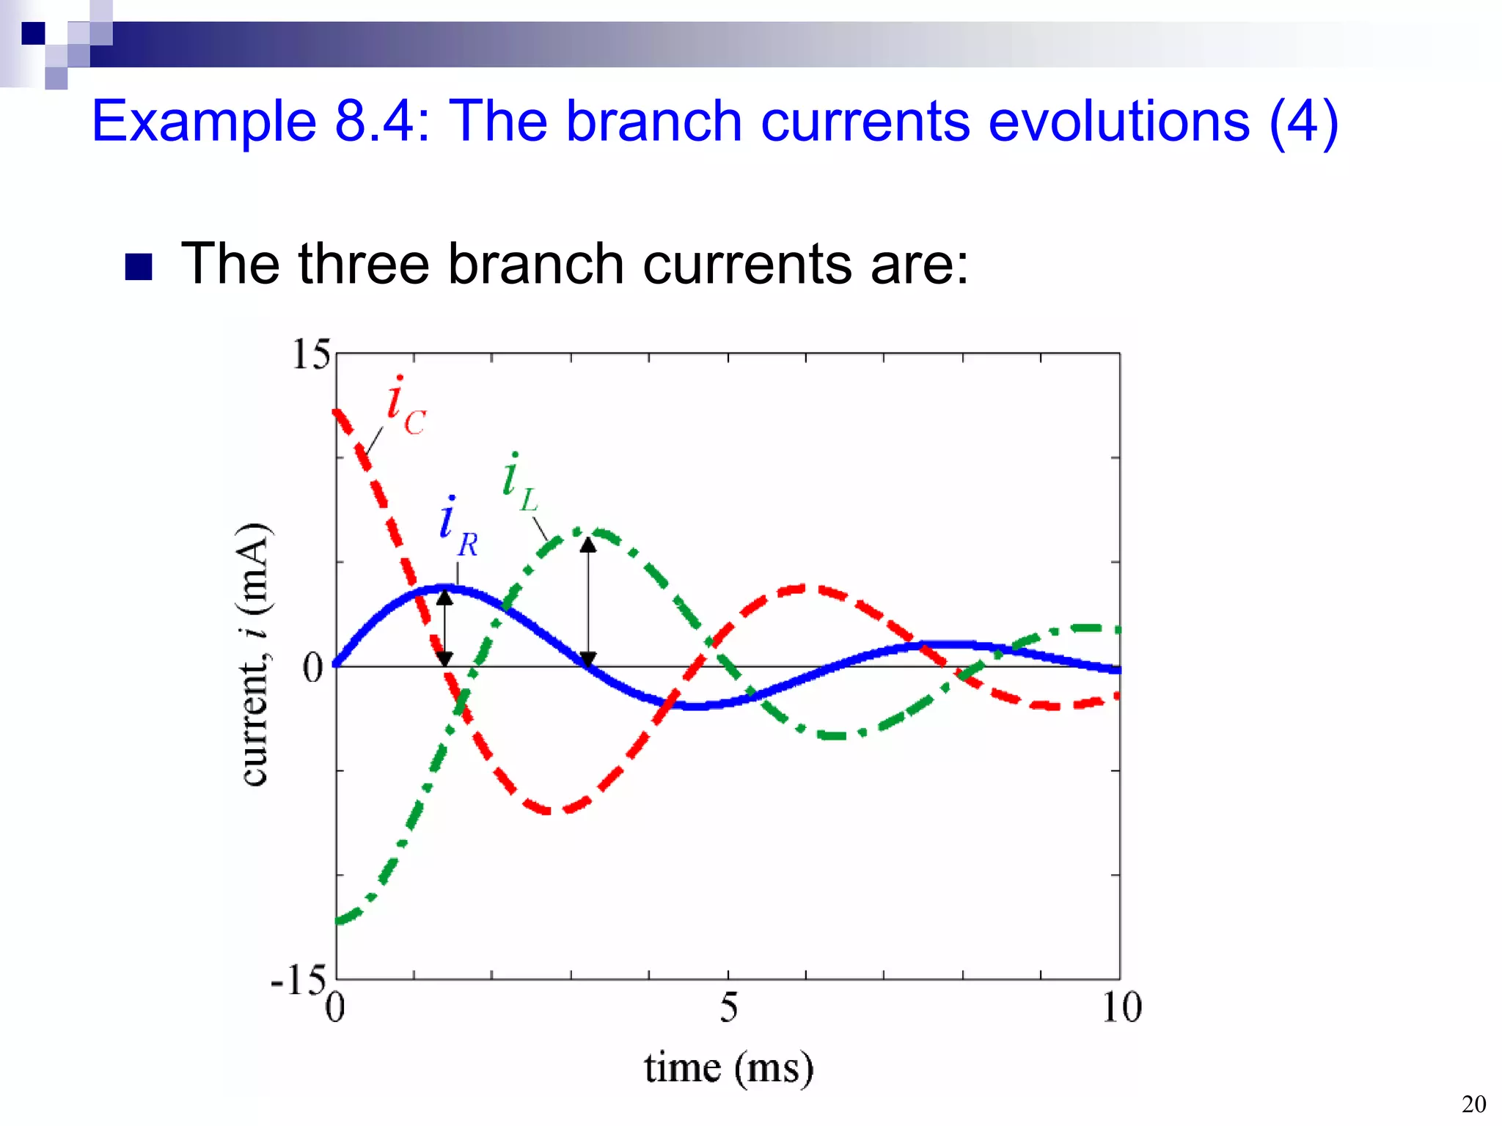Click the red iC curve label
(405, 408)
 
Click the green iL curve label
(519, 484)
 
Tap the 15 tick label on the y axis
(311, 356)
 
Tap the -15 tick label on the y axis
(298, 979)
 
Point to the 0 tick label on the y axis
(313, 668)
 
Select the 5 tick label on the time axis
(728, 1008)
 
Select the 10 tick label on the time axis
(1121, 1008)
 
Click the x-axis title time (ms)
(729, 1068)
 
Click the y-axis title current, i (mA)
(254, 655)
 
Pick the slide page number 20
(1473, 1104)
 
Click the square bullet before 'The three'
(138, 267)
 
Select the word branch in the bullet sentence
(535, 264)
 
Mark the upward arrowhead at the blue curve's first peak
(444, 597)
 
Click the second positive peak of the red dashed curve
(803, 588)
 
